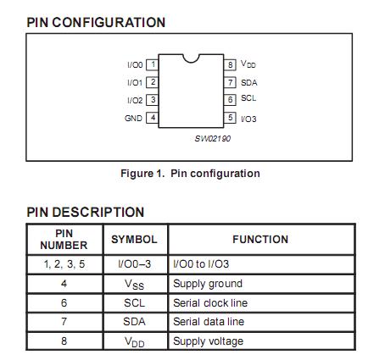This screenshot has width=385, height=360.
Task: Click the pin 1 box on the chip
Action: [153, 64]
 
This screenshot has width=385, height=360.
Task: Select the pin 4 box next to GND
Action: [153, 118]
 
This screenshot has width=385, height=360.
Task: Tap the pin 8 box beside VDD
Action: [230, 64]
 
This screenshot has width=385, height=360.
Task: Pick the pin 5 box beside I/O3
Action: [230, 118]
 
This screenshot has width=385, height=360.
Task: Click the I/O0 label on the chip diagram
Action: [134, 64]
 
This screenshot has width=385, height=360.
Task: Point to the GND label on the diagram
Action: [133, 118]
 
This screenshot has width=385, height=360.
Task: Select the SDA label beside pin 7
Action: [248, 82]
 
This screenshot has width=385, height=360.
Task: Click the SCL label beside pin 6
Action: [248, 99]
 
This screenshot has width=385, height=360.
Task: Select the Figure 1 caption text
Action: [190, 174]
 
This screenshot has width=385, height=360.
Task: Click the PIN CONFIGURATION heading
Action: [96, 22]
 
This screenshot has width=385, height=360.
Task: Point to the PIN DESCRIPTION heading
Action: [86, 212]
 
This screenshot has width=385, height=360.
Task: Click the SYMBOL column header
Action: [134, 240]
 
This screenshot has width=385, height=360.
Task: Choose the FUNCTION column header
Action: [260, 240]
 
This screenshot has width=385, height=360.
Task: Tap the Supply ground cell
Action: [208, 284]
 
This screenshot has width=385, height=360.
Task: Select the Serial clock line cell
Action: [210, 302]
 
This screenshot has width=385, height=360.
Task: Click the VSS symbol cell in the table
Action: [134, 285]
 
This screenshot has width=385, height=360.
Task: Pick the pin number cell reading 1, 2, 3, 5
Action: [64, 264]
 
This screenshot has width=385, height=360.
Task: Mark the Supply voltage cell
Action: [208, 341]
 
